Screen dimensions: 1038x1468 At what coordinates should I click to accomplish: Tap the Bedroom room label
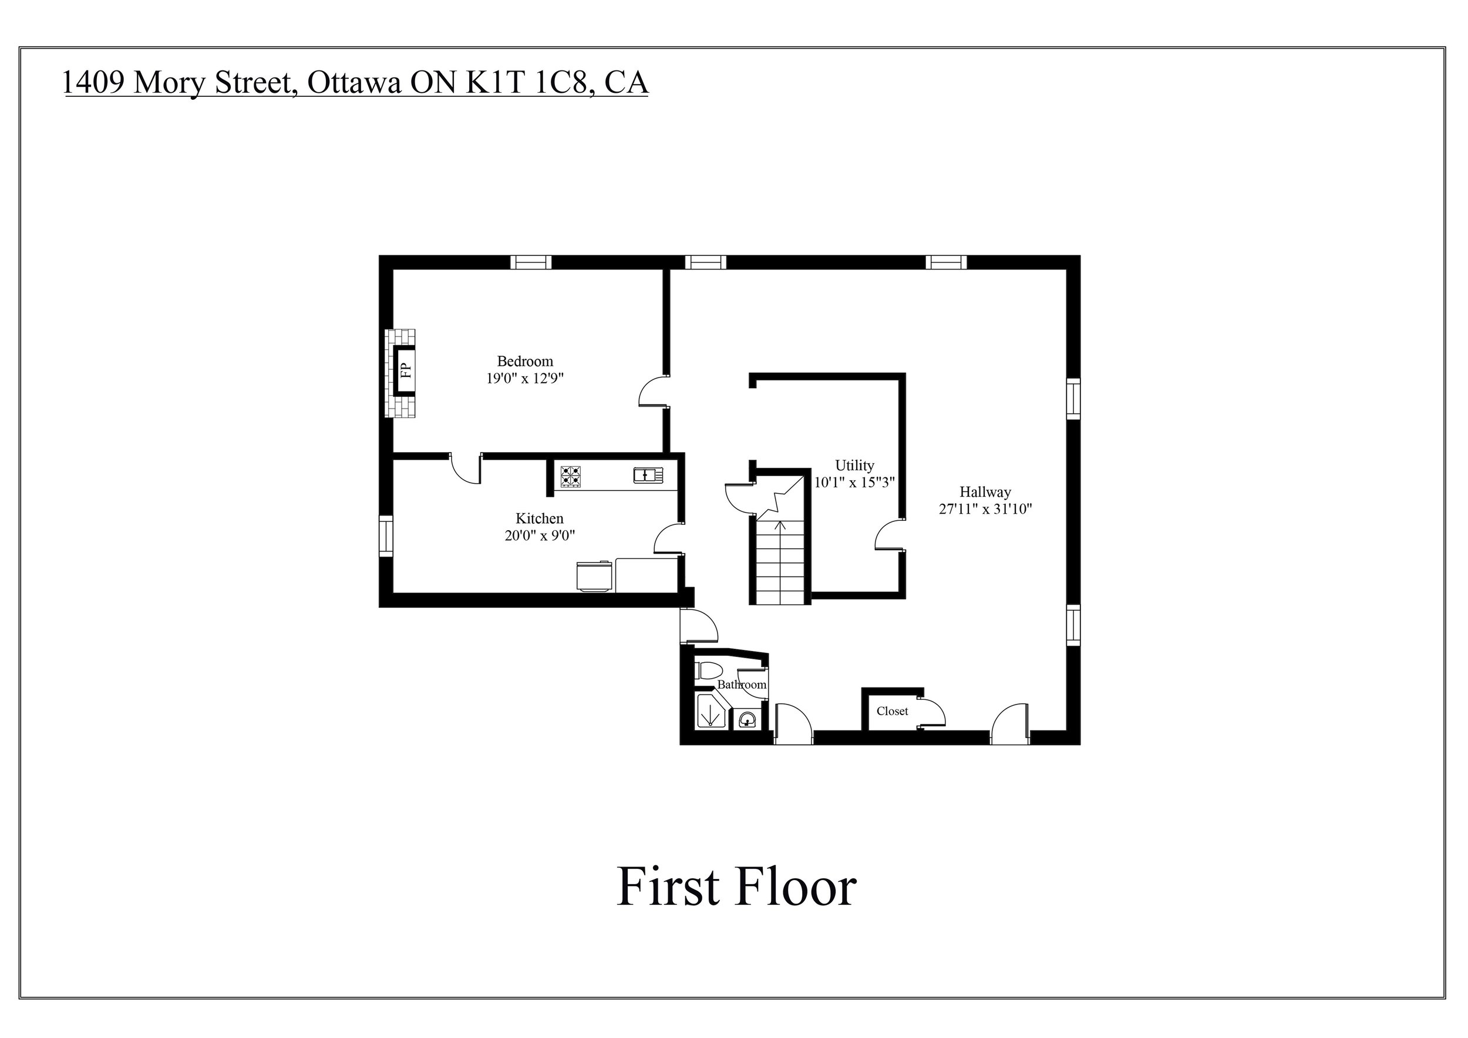click(x=525, y=361)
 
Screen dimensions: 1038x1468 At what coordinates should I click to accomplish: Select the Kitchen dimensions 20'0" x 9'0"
click(x=540, y=535)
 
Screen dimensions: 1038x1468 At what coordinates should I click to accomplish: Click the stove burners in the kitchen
click(x=570, y=477)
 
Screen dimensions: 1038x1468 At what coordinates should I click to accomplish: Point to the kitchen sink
click(x=648, y=475)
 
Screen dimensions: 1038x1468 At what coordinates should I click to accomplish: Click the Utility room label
click(x=854, y=466)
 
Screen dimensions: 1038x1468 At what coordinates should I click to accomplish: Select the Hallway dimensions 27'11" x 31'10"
click(x=985, y=510)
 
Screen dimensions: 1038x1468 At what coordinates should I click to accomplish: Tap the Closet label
click(x=892, y=711)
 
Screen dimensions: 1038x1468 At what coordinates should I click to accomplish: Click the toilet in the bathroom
click(x=708, y=670)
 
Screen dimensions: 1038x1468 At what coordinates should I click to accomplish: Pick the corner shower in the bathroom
click(x=711, y=711)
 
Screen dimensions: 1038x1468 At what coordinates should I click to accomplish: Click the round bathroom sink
click(x=746, y=720)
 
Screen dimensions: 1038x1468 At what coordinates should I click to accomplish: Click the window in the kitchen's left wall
click(x=386, y=535)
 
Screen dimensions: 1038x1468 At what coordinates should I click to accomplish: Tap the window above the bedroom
click(x=531, y=262)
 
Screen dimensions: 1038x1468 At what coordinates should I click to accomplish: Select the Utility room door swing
click(x=888, y=535)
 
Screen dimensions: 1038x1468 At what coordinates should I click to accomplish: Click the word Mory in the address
click(x=170, y=82)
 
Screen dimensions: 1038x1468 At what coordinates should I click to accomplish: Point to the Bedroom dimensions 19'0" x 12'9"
click(x=525, y=378)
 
